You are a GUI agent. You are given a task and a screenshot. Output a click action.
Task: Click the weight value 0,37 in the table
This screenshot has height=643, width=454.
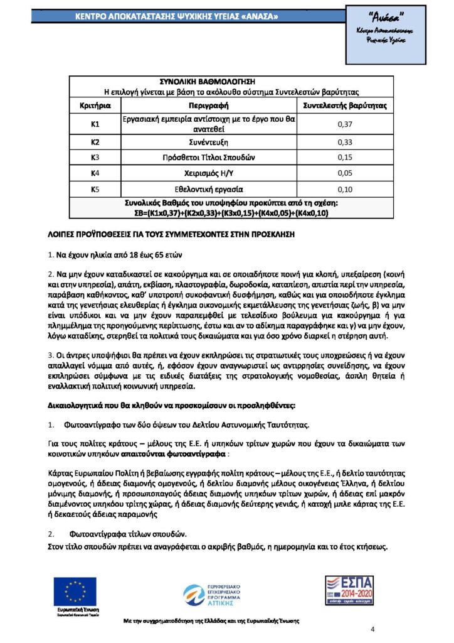345,124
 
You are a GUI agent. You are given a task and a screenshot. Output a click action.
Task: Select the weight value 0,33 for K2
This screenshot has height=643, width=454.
345,142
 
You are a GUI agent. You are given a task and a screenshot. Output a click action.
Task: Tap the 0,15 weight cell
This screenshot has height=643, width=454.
345,156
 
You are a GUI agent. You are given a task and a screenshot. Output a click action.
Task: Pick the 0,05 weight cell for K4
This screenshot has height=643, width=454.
345,172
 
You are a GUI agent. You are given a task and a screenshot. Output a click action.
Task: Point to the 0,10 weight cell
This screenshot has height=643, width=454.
345,188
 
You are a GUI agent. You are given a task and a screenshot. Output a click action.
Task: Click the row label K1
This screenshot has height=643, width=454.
95,124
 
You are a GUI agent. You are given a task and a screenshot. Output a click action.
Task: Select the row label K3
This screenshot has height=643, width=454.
95,156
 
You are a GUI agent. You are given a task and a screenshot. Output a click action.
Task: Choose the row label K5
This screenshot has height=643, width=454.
95,188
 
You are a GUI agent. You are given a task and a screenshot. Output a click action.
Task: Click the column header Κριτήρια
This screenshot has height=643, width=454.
95,105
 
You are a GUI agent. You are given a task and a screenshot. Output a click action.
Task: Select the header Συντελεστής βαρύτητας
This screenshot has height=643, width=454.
345,105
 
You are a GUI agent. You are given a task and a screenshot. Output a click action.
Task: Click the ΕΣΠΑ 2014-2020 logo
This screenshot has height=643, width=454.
349,592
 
